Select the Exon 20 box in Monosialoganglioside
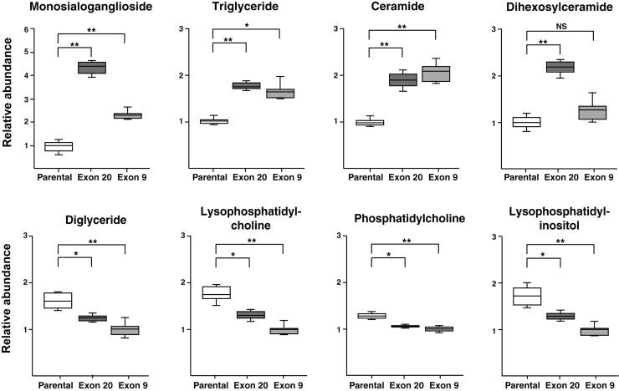click(x=91, y=68)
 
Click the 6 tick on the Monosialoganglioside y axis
click(x=28, y=29)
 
